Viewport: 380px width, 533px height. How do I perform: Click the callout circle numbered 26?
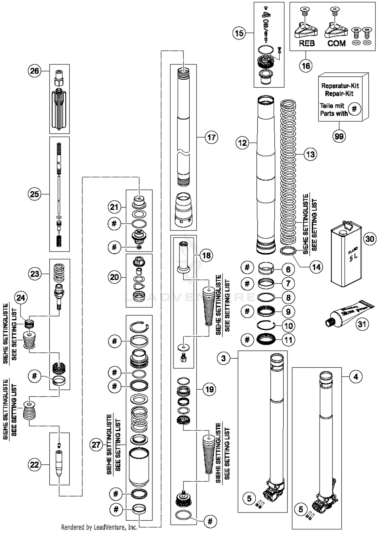coord(34,71)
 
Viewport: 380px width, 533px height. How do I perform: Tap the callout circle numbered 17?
coord(211,137)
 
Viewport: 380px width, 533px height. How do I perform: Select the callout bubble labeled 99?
coord(339,136)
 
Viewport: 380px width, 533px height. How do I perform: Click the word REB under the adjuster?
coord(307,43)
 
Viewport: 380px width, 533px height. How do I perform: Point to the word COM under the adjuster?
coord(336,43)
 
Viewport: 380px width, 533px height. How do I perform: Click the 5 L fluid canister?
coord(346,255)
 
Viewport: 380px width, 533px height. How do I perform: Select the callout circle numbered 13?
coord(311,154)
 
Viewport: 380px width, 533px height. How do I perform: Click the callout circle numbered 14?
coord(316,267)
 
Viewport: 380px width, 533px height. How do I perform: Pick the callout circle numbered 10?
coord(289,326)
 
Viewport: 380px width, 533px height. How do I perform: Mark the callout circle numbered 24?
coord(21,298)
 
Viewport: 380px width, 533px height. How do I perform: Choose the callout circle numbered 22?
coord(34,465)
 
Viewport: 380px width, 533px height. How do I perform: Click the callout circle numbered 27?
coord(96,445)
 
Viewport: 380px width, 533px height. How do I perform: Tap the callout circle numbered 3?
coord(223,358)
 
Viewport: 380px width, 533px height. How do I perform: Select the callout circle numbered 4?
coord(356,377)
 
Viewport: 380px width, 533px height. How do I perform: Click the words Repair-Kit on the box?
coord(339,93)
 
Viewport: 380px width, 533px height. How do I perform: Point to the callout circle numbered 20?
coord(114,277)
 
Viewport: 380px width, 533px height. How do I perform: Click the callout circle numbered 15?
coord(239,33)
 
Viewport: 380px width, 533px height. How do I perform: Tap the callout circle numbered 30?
coord(370,239)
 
